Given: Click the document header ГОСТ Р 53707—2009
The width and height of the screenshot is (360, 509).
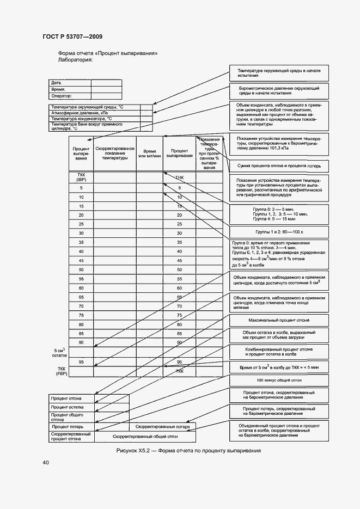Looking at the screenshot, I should (x=72, y=36).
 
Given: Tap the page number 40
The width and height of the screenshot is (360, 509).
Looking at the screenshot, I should (x=46, y=463).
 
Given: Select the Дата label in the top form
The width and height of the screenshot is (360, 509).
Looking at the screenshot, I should (x=56, y=83).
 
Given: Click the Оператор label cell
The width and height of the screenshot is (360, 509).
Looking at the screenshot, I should (x=62, y=96).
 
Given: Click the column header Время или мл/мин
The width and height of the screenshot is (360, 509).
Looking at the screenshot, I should (x=149, y=154).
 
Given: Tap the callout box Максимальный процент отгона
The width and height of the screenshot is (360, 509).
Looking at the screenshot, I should (x=279, y=320).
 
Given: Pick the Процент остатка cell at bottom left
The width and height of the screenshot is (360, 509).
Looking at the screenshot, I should (x=67, y=407).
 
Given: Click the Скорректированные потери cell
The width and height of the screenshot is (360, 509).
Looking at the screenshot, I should (x=163, y=427).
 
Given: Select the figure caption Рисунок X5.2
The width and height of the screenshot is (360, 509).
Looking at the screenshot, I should (x=189, y=451).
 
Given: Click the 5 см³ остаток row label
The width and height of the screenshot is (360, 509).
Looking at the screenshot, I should (x=60, y=352).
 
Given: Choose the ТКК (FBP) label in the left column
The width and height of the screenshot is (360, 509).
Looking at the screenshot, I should (x=61, y=371).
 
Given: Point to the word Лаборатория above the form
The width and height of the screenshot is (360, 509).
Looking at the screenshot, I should (x=75, y=60).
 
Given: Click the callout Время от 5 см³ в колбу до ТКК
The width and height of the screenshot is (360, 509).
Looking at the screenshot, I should (x=279, y=368).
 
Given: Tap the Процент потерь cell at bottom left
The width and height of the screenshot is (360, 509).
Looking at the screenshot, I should (x=67, y=427).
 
